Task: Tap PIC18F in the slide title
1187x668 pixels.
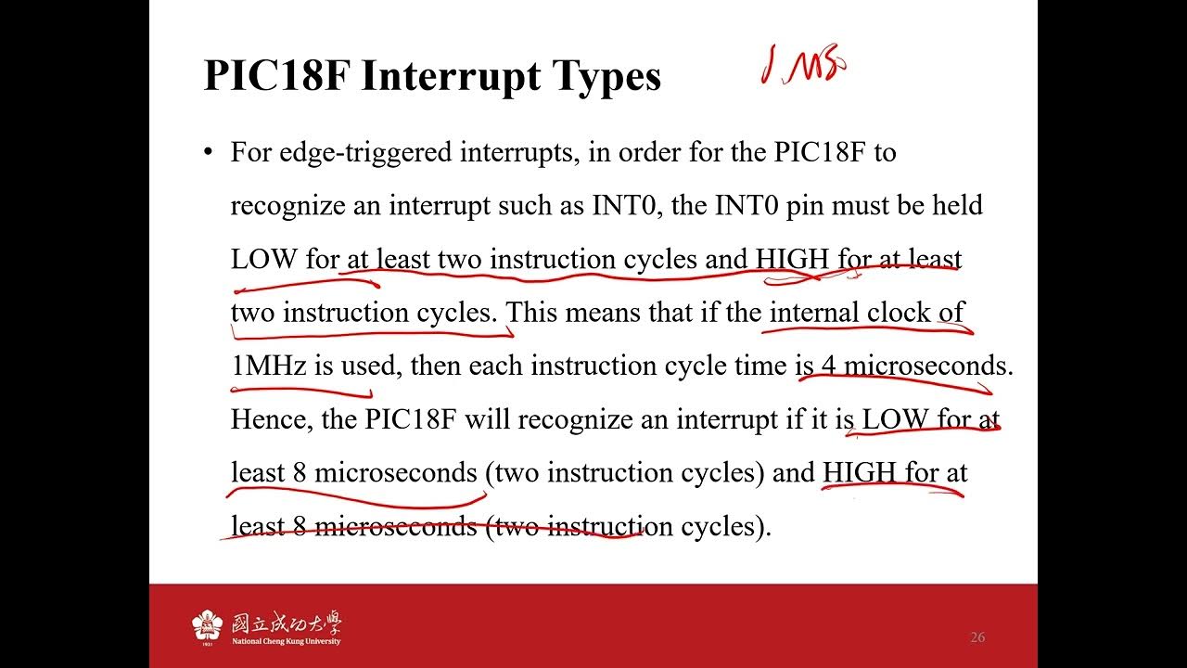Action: pyautogui.click(x=275, y=76)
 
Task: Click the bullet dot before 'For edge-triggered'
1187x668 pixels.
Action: pyautogui.click(x=209, y=152)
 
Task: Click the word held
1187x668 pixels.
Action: pyautogui.click(x=957, y=205)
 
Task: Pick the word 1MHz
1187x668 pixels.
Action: pyautogui.click(x=268, y=366)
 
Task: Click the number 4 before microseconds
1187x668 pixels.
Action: pyautogui.click(x=828, y=366)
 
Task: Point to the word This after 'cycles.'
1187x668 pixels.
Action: pyautogui.click(x=532, y=313)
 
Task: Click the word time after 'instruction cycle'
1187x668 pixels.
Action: pyautogui.click(x=759, y=366)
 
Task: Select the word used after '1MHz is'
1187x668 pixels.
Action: pyautogui.click(x=367, y=366)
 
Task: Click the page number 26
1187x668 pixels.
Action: pyautogui.click(x=977, y=637)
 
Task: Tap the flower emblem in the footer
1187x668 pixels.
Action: pyautogui.click(x=208, y=626)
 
